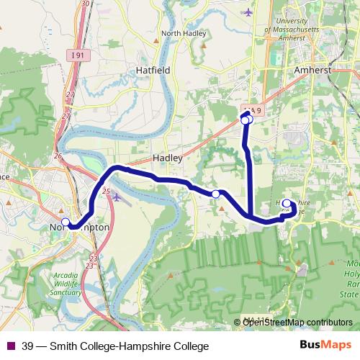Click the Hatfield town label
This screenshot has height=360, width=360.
[153, 71]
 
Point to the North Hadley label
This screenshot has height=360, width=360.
[184, 33]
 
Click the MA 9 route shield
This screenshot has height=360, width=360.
[251, 109]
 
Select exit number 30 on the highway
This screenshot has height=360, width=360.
[86, 4]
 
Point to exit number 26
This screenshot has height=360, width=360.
[58, 156]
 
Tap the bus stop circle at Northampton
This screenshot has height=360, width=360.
[66, 222]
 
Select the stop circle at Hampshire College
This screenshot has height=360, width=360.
[287, 203]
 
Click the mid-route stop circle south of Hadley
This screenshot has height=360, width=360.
[215, 194]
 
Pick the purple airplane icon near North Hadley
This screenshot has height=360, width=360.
[249, 12]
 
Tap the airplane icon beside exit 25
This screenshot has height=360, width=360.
[117, 196]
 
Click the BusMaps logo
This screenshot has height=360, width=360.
[325, 345]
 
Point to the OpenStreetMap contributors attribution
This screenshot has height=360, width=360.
[297, 323]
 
